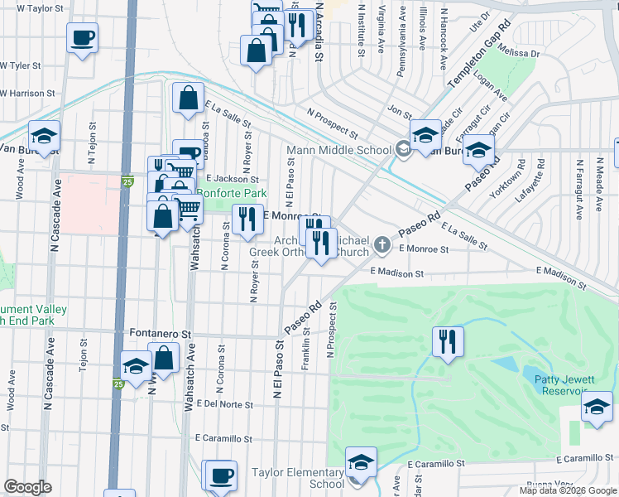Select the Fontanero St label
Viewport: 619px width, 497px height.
(x=161, y=334)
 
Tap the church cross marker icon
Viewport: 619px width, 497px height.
(x=381, y=244)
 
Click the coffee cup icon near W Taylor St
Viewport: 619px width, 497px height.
(x=83, y=37)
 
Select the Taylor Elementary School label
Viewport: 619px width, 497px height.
(x=298, y=478)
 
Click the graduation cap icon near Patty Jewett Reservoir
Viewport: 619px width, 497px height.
(x=596, y=407)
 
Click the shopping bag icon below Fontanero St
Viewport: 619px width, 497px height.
(x=164, y=359)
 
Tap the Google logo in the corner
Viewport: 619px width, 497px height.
(x=27, y=488)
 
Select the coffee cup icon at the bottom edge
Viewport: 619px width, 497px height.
(x=219, y=475)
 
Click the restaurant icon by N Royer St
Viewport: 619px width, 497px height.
(x=247, y=220)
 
